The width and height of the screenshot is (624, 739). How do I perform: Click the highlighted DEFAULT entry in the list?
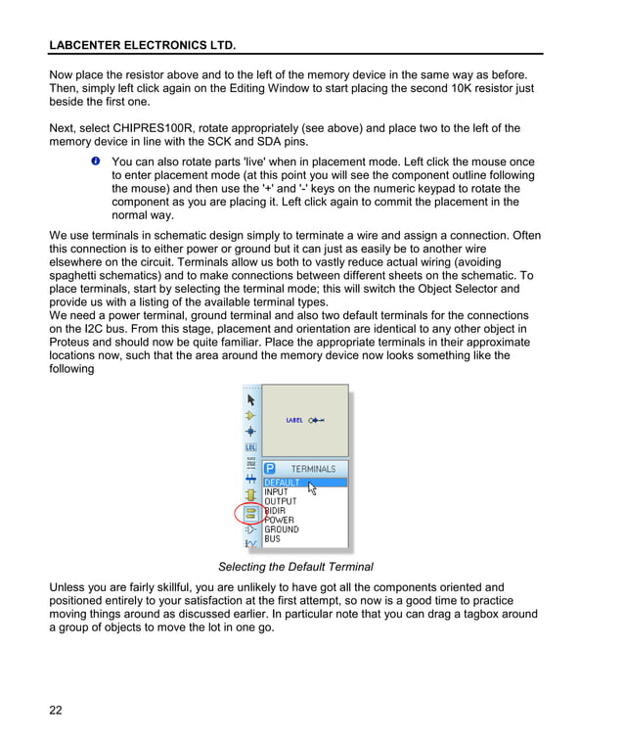284,483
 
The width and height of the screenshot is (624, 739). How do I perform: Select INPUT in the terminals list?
277,492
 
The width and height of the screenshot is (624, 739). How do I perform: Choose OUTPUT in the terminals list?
280,501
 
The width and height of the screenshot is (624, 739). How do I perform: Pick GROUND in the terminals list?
282,530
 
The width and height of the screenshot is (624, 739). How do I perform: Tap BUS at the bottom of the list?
272,538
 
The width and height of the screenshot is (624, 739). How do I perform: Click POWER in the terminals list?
280,520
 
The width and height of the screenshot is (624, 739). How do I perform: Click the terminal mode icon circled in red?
250,513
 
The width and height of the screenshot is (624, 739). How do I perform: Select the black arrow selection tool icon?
250,399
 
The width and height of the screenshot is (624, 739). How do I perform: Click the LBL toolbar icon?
250,447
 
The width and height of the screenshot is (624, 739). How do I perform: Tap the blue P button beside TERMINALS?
271,469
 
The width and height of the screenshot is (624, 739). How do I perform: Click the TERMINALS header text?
313,469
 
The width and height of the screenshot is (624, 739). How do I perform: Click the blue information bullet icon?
97,160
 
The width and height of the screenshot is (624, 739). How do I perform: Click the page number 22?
56,710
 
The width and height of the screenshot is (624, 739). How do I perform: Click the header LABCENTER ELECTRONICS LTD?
142,45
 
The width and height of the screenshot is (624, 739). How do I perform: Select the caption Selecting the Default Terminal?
295,567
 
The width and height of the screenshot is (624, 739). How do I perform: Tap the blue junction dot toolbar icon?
250,431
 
